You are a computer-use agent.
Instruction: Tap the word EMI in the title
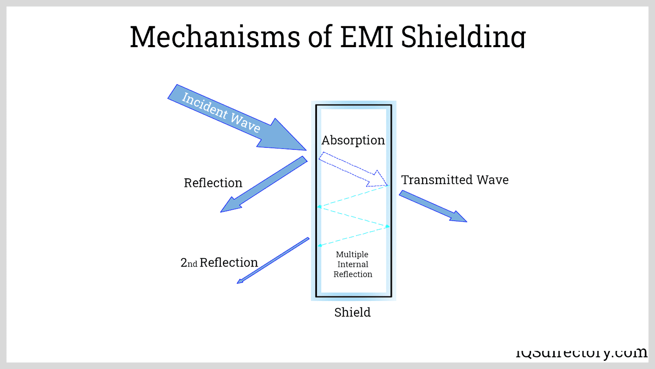point(366,37)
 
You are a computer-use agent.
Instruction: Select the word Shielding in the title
point(463,37)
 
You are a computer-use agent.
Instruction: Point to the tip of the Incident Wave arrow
point(305,150)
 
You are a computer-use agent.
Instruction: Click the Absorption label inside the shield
point(353,140)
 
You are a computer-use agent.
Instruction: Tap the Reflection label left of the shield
point(213,183)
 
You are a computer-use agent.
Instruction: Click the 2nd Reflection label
point(219,262)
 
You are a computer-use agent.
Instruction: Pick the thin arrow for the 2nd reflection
point(273,260)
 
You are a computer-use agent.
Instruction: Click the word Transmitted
point(437,180)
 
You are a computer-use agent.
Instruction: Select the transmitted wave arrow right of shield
point(432,206)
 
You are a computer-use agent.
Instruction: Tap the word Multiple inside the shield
point(352,255)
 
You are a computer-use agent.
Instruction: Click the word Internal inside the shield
point(352,264)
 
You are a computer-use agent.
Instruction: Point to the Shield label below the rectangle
point(352,312)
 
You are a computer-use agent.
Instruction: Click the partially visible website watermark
point(581,353)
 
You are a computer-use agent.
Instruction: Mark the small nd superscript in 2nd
point(192,264)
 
